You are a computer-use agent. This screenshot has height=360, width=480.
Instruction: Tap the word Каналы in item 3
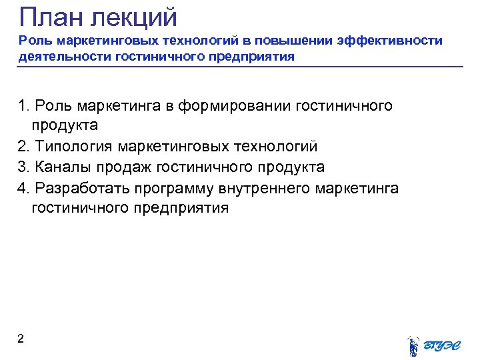point(63,167)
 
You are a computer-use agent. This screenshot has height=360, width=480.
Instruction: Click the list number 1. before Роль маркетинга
point(24,105)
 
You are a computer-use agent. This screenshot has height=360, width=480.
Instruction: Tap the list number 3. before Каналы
point(24,167)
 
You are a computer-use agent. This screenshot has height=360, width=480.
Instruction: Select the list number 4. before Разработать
point(24,188)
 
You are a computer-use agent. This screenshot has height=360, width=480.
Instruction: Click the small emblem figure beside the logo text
point(413,343)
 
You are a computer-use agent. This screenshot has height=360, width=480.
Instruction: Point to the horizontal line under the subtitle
point(240,67)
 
